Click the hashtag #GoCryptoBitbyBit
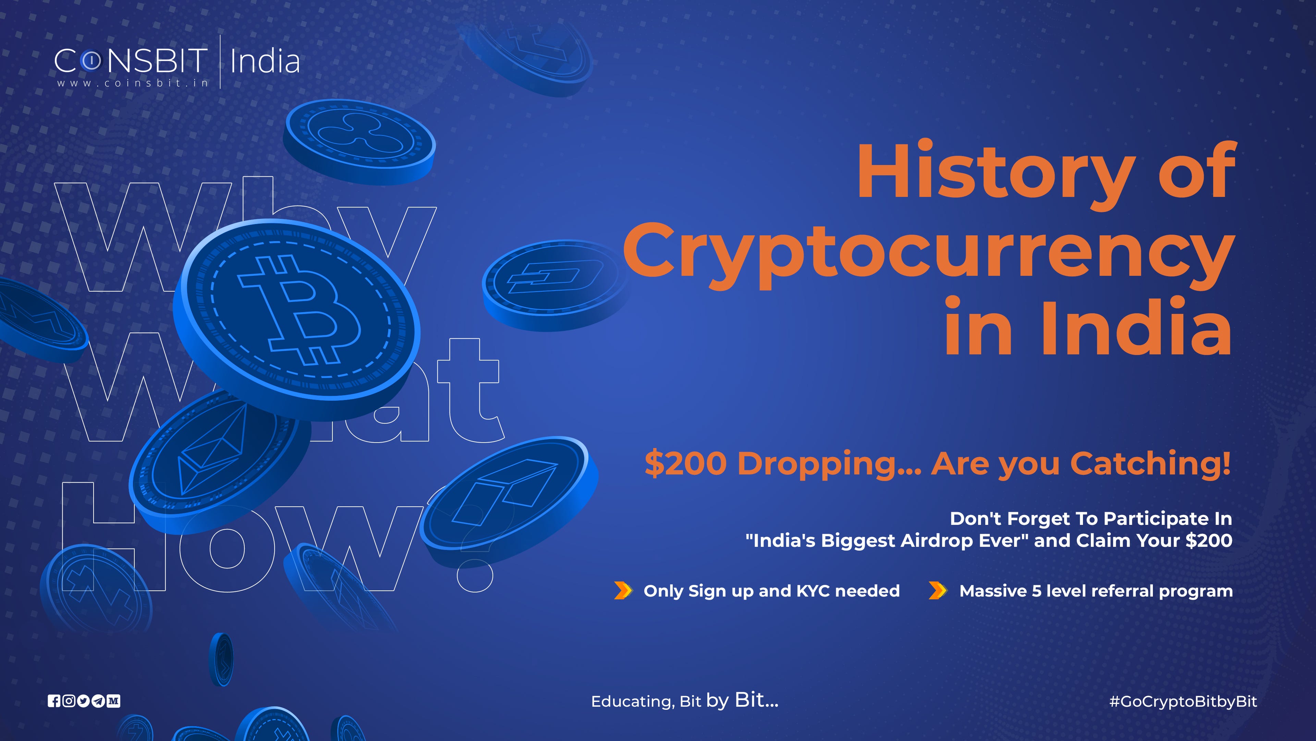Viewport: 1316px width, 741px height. [1183, 701]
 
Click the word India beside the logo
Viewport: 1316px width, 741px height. [265, 61]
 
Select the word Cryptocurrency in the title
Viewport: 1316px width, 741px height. [928, 251]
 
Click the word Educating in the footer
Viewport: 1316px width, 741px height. [632, 701]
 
